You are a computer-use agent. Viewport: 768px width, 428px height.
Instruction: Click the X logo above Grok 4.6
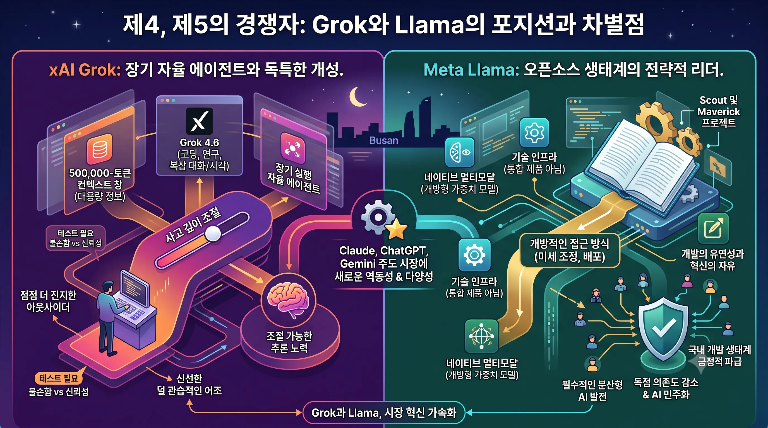coord(200,121)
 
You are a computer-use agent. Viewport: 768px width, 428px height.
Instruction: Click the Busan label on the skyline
coord(384,140)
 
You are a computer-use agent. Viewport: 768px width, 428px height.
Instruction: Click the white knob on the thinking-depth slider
coord(213,234)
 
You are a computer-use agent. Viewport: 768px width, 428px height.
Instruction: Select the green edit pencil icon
coord(713,228)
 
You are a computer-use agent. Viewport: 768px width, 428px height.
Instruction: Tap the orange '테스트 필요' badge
coord(58,378)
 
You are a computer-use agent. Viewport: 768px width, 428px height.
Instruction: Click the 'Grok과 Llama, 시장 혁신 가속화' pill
coord(384,412)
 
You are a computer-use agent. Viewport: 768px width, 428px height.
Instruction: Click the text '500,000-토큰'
coord(100,173)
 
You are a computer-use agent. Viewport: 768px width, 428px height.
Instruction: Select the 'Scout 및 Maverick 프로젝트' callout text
coord(719,111)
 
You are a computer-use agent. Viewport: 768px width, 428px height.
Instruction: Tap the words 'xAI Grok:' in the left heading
coord(85,70)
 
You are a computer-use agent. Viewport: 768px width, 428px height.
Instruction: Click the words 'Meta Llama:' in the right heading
coord(471,70)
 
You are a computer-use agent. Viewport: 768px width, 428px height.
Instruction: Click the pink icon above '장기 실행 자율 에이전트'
coord(293,148)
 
